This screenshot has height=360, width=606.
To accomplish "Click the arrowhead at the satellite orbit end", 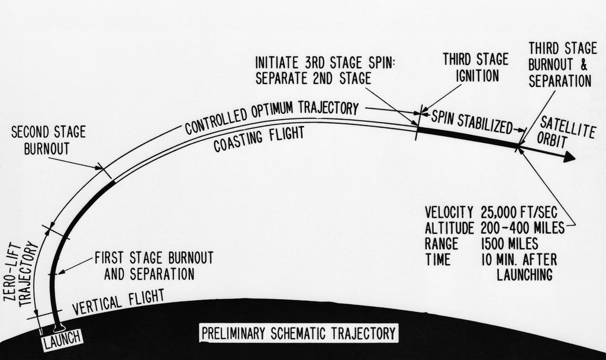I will point(569,157).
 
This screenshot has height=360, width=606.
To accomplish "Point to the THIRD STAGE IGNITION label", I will point(475,67).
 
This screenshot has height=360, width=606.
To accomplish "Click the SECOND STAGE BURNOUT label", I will point(48,140).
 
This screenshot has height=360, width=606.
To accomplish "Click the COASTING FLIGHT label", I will point(259,137).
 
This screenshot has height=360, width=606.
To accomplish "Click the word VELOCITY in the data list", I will point(449,212).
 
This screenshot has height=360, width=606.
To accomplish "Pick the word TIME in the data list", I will point(437,259).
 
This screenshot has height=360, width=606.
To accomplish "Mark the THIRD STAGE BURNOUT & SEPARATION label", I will point(559,65).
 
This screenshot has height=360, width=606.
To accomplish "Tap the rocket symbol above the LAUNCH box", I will point(58,326).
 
